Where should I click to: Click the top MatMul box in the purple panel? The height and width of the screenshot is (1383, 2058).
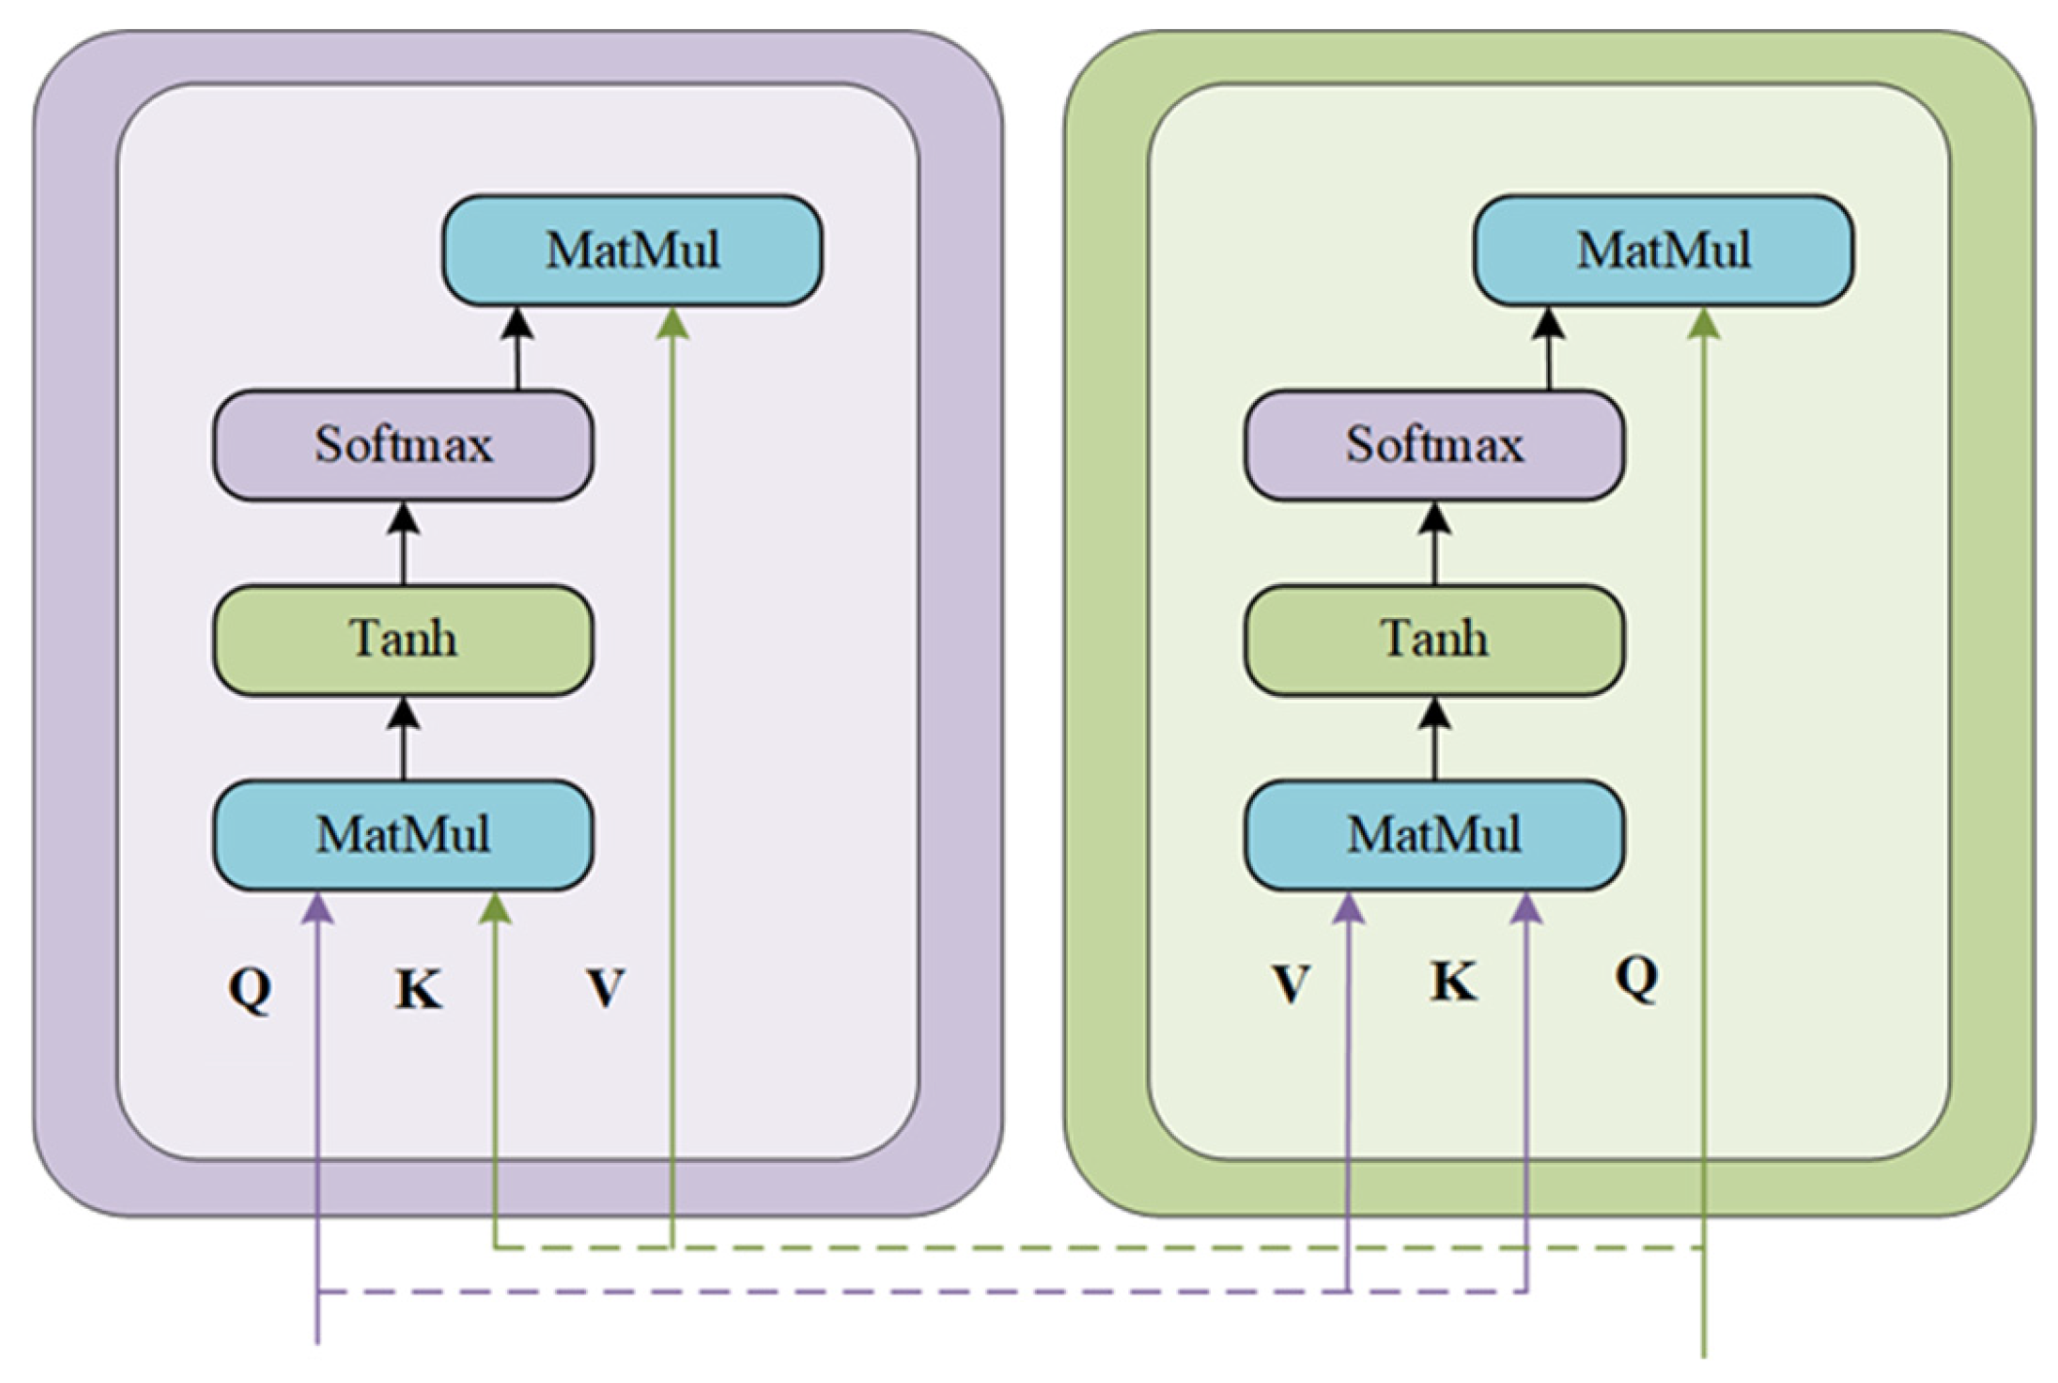tap(632, 250)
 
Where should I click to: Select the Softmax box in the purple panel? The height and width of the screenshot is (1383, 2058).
tap(403, 445)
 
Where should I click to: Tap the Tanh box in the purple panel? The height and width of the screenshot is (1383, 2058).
tap(403, 639)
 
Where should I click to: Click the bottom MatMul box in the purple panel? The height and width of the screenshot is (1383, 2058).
tap(403, 834)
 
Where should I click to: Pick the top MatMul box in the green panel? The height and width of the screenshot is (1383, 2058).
tap(1663, 250)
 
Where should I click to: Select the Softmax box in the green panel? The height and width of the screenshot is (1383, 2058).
tap(1434, 445)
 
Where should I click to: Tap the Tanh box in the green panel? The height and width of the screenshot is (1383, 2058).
tap(1434, 639)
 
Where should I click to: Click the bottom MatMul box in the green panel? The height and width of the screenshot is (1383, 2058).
tap(1434, 834)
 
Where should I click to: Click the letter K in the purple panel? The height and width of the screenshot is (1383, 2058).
tap(419, 990)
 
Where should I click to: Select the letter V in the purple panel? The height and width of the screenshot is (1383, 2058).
tap(606, 988)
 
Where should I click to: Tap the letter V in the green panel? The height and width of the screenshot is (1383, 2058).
tap(1291, 984)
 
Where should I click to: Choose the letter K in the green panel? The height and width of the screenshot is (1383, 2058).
tap(1453, 981)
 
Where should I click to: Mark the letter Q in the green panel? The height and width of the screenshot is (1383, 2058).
tap(1636, 975)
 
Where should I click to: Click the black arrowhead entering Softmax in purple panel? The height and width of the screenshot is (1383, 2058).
tap(403, 520)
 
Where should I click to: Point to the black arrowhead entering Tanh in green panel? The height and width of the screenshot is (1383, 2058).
tap(1434, 714)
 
